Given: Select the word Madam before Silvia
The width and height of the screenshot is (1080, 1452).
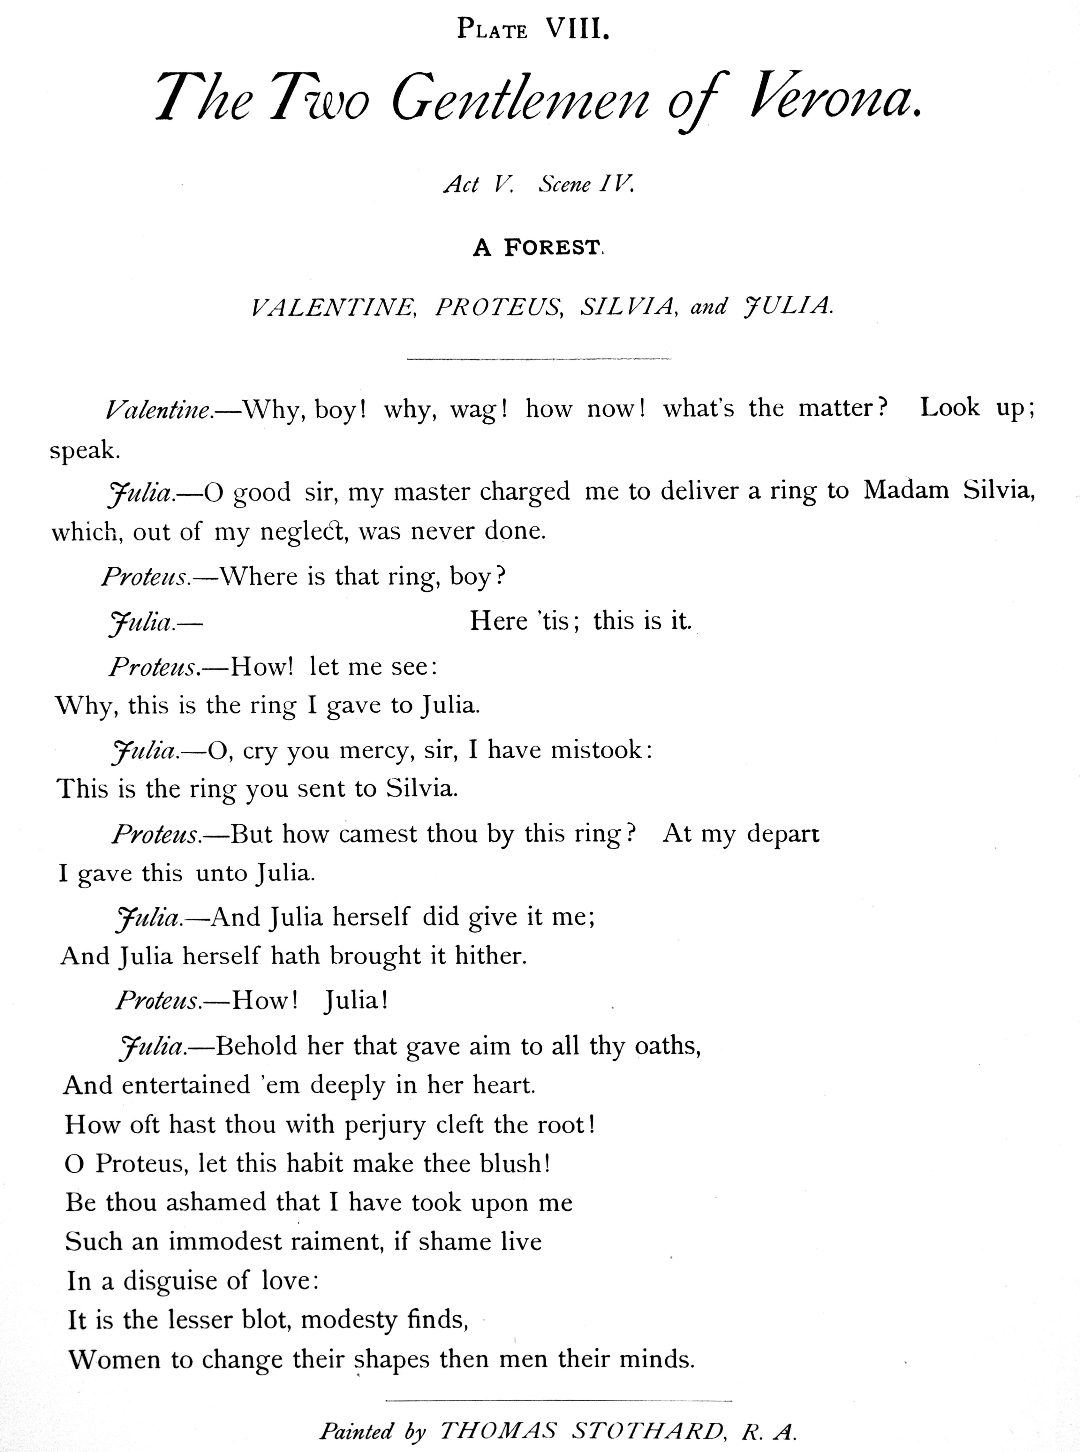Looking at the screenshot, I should [905, 490].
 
